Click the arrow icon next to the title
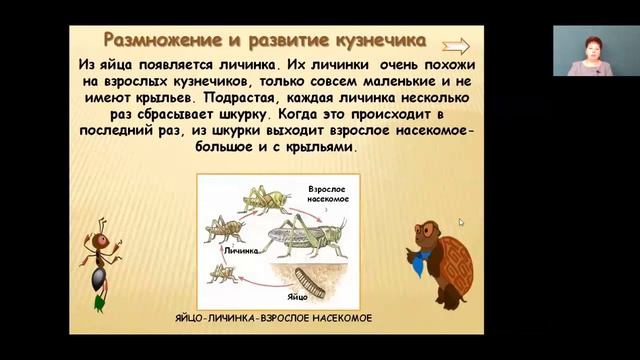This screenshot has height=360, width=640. [x=455, y=44]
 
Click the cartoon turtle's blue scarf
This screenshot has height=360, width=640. [x=413, y=263]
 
